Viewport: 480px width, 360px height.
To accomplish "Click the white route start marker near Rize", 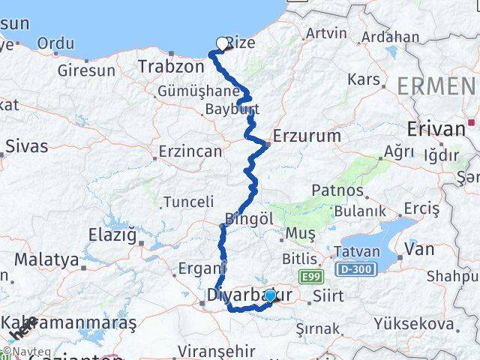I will pos(222,43).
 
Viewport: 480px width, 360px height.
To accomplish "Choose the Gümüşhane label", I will pos(187,91).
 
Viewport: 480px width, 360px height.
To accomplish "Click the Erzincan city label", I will pos(190,151).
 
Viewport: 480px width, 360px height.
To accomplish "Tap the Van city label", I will pos(418,248).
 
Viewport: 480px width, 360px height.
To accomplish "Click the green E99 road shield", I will pos(308,277).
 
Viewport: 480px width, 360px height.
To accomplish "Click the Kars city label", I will pos(363,79).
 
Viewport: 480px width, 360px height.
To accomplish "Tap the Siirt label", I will pos(329,295).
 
